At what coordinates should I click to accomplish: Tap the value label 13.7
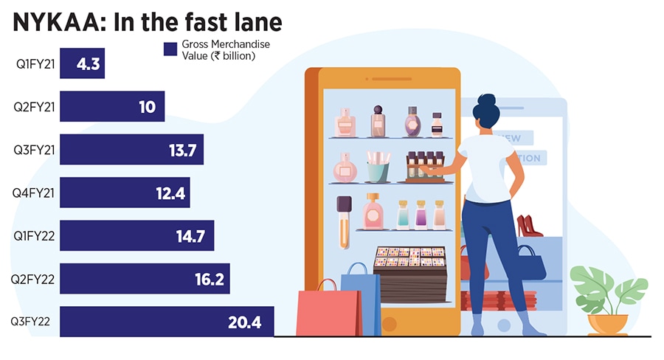(x=181, y=150)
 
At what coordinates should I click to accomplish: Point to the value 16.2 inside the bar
(x=207, y=280)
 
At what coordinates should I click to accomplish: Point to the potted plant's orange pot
(x=608, y=324)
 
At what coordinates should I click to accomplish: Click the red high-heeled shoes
(x=528, y=226)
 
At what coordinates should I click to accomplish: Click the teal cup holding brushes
(x=378, y=170)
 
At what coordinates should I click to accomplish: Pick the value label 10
(x=147, y=107)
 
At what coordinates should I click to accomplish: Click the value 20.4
(x=248, y=322)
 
